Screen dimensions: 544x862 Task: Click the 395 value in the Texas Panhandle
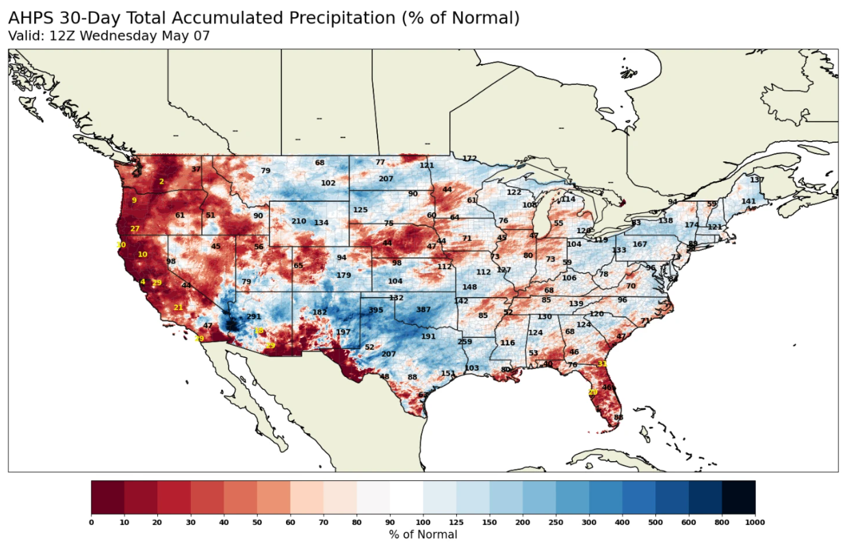[376, 310]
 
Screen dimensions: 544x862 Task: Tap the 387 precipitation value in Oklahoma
[423, 310]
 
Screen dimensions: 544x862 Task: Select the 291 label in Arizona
[254, 317]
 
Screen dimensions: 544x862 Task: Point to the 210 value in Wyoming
[299, 221]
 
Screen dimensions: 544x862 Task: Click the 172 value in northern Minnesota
[469, 159]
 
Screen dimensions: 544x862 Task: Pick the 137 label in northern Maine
[757, 180]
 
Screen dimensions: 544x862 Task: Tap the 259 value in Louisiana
[465, 342]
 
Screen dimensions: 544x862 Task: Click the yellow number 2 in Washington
[161, 181]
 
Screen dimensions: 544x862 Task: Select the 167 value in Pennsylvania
[640, 244]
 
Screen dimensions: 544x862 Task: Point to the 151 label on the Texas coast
[448, 373]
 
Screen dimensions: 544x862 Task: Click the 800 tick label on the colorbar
[722, 522]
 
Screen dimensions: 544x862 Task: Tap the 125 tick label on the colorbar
[456, 522]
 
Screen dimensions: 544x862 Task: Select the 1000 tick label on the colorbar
[755, 522]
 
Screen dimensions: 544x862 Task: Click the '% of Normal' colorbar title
[423, 534]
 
